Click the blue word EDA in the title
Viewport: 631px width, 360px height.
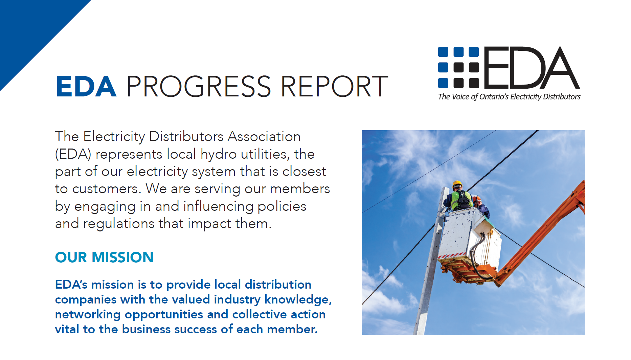click(86, 87)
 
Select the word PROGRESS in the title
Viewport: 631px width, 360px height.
click(199, 87)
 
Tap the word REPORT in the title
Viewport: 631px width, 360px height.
click(334, 87)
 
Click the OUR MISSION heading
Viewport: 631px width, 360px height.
click(104, 257)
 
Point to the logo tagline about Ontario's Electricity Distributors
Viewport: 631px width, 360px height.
click(509, 97)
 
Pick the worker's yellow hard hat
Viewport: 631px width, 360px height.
click(457, 184)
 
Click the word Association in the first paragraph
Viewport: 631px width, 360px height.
click(264, 137)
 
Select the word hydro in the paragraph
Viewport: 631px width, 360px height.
click(219, 154)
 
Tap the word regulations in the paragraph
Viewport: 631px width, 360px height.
click(119, 224)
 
